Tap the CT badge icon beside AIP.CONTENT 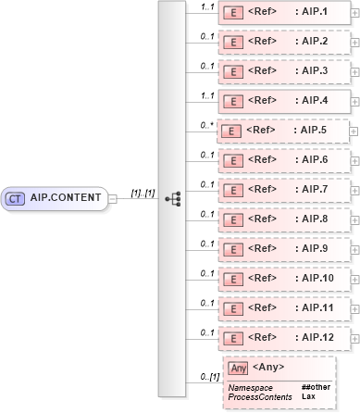pyautogui.click(x=16, y=197)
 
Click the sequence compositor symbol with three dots pyautogui.click(x=171, y=198)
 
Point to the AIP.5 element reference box pyautogui.click(x=282, y=131)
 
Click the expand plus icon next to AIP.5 pyautogui.click(x=355, y=131)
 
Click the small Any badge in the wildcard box pyautogui.click(x=239, y=368)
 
